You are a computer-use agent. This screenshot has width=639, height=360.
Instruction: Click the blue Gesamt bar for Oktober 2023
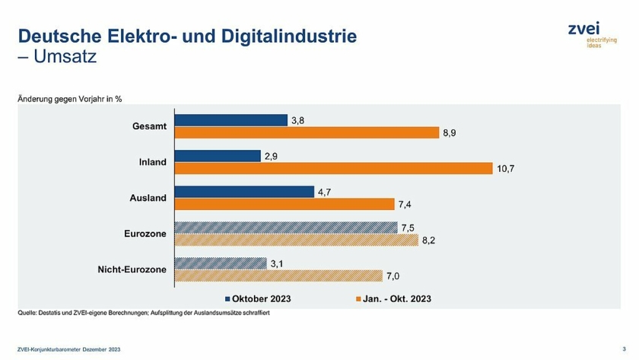click(x=231, y=120)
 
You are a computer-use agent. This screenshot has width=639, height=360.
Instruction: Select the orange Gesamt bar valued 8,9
click(x=307, y=132)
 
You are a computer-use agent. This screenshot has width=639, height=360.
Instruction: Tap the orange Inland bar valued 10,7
click(x=334, y=168)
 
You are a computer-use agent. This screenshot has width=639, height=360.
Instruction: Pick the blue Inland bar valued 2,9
click(x=218, y=156)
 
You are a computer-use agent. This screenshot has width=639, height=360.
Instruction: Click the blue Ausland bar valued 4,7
click(x=244, y=192)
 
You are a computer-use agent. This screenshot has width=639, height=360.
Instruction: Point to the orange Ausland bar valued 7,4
click(x=285, y=204)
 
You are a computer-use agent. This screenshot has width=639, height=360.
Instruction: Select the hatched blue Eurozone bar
click(x=286, y=228)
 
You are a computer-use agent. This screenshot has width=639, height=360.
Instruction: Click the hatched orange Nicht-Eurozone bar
click(x=278, y=276)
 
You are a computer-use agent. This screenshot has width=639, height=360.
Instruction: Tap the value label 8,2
click(x=429, y=240)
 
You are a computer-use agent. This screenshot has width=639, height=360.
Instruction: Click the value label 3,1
click(x=278, y=263)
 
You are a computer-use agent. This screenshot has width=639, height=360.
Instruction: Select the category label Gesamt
click(x=149, y=126)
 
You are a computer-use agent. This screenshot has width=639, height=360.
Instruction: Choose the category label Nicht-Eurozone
click(x=132, y=269)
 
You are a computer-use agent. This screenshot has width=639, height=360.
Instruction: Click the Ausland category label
click(x=148, y=198)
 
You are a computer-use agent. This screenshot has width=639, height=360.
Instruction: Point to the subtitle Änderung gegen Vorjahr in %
click(x=70, y=99)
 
